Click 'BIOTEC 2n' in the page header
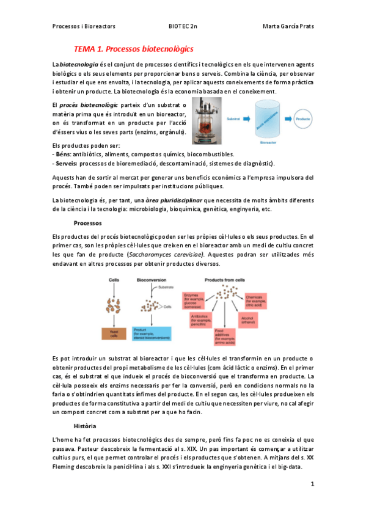(183, 26)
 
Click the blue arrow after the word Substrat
(244, 119)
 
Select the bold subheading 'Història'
(85, 425)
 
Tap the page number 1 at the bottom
(312, 484)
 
